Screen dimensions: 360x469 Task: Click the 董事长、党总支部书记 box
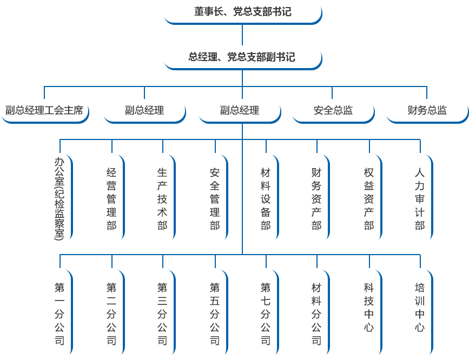tap(242, 12)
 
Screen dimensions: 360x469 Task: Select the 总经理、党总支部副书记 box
tap(242, 57)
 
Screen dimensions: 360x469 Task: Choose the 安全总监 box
tap(333, 111)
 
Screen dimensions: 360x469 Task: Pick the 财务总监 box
tap(427, 111)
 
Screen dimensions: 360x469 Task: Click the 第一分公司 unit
tap(60, 314)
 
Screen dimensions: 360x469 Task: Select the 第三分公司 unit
tap(162, 314)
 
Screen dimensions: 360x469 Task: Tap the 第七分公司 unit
tap(266, 314)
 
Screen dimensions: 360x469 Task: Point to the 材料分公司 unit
tap(316, 314)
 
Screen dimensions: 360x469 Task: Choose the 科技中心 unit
tap(369, 307)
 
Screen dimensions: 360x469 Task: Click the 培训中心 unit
tap(420, 307)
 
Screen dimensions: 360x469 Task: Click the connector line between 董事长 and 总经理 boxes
tap(242, 35)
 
